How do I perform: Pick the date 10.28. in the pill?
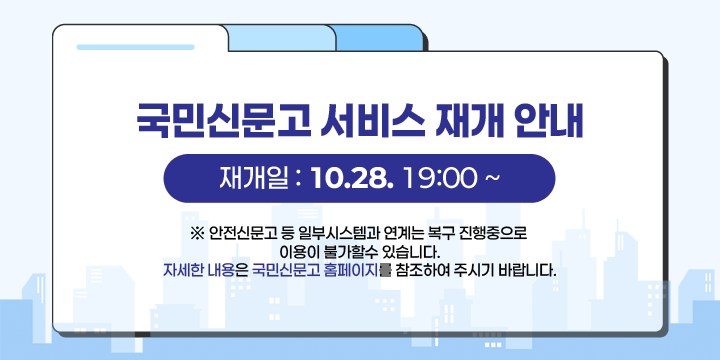tap(352, 179)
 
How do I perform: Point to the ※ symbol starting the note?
tap(195, 234)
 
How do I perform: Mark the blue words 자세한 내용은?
tap(205, 270)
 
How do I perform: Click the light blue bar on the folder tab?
tap(121, 46)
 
